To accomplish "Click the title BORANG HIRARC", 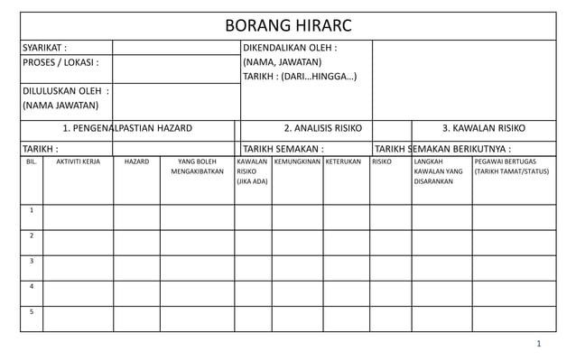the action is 288,25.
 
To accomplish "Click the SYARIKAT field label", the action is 44,48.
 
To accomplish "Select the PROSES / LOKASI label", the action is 60,63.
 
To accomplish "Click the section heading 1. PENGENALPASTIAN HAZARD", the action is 126,128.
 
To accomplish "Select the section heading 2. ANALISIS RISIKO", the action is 323,128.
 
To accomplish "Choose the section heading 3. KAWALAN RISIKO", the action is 484,128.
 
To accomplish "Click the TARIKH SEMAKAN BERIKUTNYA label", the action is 442,149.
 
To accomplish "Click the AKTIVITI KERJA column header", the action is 79,162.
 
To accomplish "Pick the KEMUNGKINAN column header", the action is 297,162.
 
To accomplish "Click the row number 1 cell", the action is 32,211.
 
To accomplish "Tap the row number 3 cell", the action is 32,262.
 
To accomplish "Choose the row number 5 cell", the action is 32,312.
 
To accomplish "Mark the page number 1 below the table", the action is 538,344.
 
